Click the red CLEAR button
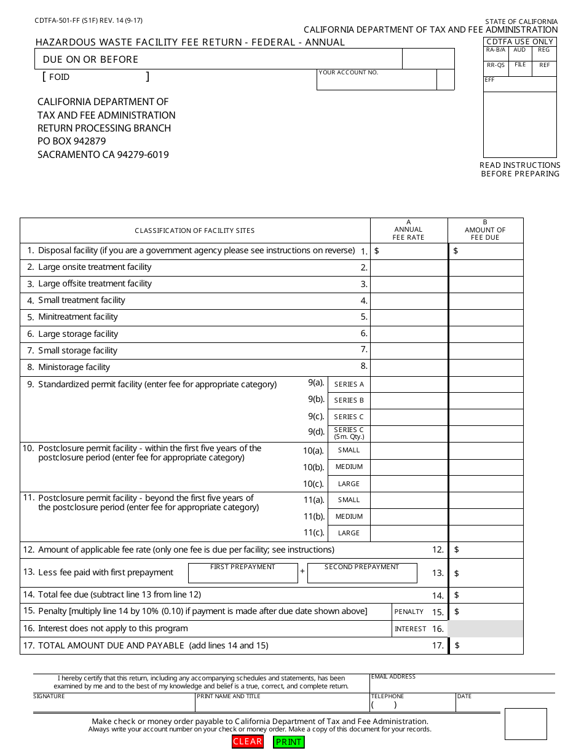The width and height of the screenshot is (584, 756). (x=248, y=741)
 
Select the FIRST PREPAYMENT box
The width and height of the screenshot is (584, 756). (x=242, y=575)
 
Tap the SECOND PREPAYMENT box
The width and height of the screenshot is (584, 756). (x=361, y=575)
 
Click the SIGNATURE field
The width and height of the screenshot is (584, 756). (x=114, y=704)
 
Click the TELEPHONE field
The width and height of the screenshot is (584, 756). (x=412, y=704)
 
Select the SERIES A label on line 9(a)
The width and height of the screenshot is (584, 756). (x=349, y=384)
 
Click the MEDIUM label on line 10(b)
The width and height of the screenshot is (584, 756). (x=349, y=467)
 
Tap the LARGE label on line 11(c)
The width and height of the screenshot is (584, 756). (x=349, y=533)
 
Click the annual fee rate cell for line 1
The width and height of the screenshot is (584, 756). (x=409, y=251)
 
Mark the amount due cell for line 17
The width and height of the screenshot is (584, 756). (x=487, y=645)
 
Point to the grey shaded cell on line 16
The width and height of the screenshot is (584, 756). (x=486, y=629)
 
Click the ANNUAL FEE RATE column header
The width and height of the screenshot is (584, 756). (x=409, y=230)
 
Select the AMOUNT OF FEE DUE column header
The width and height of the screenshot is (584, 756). (x=485, y=230)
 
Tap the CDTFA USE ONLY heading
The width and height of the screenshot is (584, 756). (x=520, y=42)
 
